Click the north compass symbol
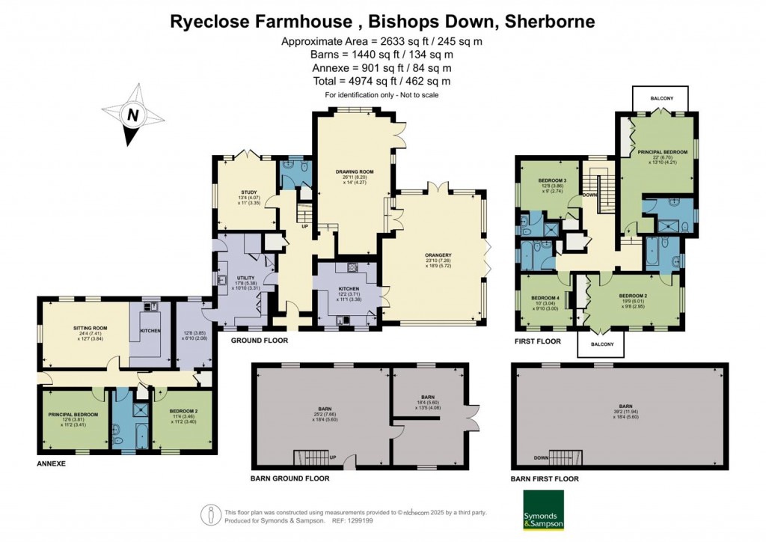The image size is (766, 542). (132, 115)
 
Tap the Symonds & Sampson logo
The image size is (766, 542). (542, 511)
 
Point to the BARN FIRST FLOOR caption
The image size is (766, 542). (545, 478)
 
